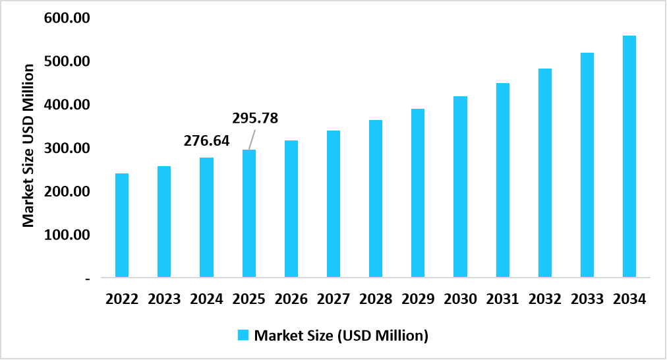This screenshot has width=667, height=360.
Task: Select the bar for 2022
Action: pos(122,225)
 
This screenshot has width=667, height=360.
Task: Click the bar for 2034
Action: pos(629,156)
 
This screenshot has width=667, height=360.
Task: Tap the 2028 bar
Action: pos(376,198)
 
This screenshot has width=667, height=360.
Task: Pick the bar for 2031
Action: pos(502,179)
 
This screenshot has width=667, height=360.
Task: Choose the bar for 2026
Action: pos(291,208)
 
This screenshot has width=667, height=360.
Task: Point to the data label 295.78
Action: pos(255,119)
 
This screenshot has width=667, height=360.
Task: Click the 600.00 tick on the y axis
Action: pos(67,18)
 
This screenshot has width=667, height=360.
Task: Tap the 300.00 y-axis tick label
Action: pos(67,148)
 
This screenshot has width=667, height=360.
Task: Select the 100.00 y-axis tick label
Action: pos(67,235)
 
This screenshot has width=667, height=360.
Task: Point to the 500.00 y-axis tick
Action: pos(67,61)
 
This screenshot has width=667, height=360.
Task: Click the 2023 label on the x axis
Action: pos(164,299)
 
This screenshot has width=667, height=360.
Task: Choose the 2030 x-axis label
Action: pos(460,299)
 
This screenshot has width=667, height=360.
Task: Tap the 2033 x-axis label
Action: pos(587,299)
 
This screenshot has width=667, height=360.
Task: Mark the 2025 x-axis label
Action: pos(249,299)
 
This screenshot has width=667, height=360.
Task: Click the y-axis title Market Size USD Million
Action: pos(28,145)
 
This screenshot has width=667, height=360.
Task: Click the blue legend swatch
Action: pos(243,336)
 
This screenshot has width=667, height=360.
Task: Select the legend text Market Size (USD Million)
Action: pos(341,336)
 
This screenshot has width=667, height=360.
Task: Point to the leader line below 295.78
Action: pos(252,138)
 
